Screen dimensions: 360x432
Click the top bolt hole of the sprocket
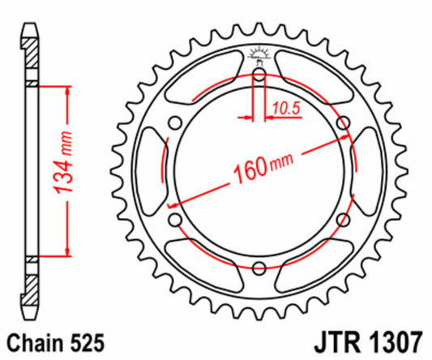tap(259, 75)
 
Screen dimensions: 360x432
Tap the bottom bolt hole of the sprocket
tap(259, 269)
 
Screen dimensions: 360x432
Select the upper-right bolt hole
tap(344, 123)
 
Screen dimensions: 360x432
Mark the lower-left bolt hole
tap(174, 221)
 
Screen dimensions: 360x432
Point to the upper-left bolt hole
tap(174, 123)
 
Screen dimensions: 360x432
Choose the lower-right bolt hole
tap(344, 221)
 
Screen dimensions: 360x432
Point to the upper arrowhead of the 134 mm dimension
tap(64, 88)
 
